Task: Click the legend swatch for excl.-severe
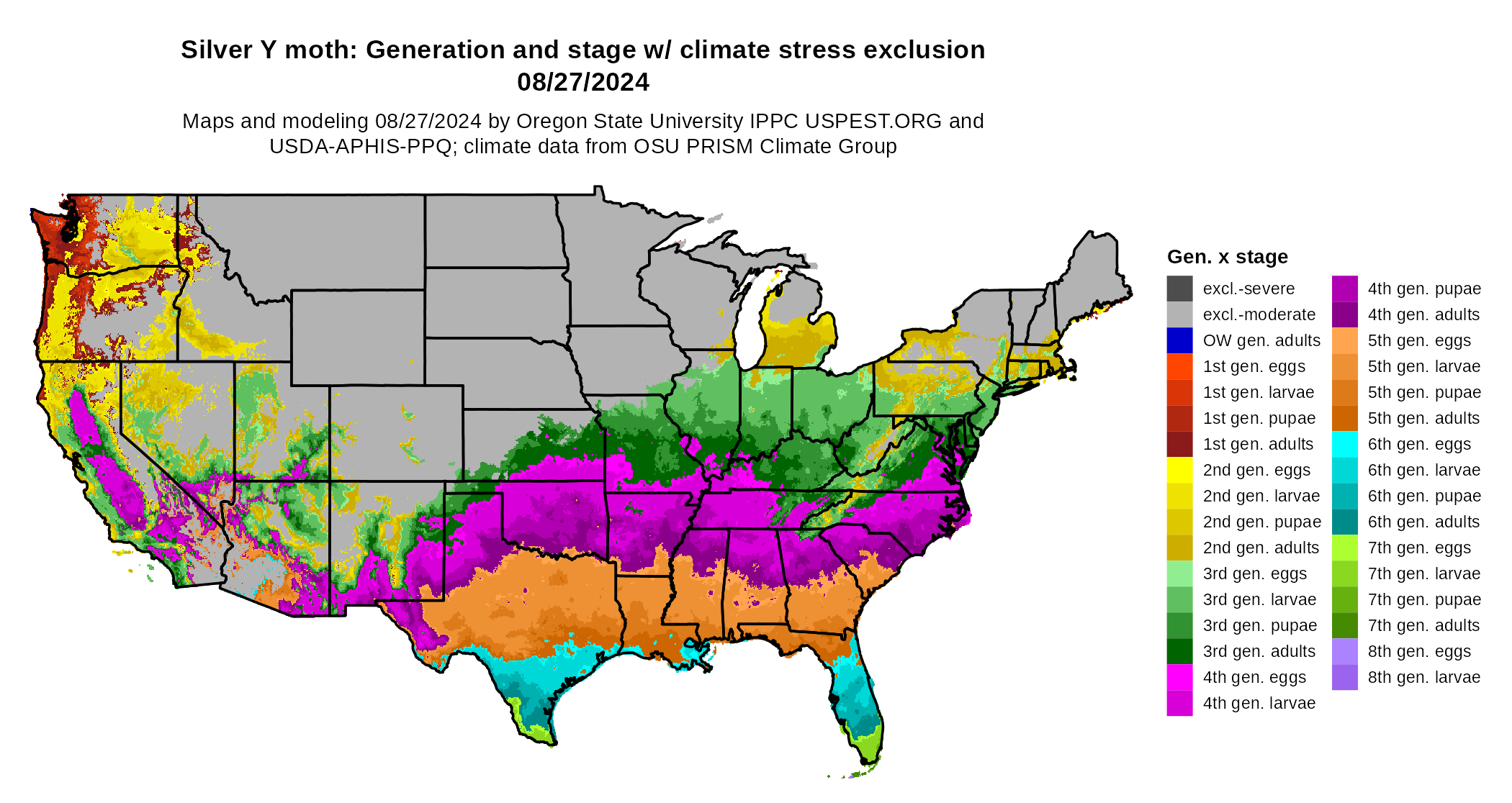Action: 1179,289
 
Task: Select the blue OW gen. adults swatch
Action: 1179,340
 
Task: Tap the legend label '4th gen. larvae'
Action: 1259,703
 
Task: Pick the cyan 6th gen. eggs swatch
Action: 1344,444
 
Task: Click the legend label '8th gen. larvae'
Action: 1423,677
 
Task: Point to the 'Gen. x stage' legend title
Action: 1227,257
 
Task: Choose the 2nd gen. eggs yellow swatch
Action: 1179,470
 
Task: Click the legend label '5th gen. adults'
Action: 1423,418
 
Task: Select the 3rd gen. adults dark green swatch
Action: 1179,651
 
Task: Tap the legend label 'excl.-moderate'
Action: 1259,314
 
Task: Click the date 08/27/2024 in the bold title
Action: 583,82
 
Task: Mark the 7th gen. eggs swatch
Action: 1344,548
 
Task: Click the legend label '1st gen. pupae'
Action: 1259,418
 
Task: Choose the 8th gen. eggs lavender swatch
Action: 1344,651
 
